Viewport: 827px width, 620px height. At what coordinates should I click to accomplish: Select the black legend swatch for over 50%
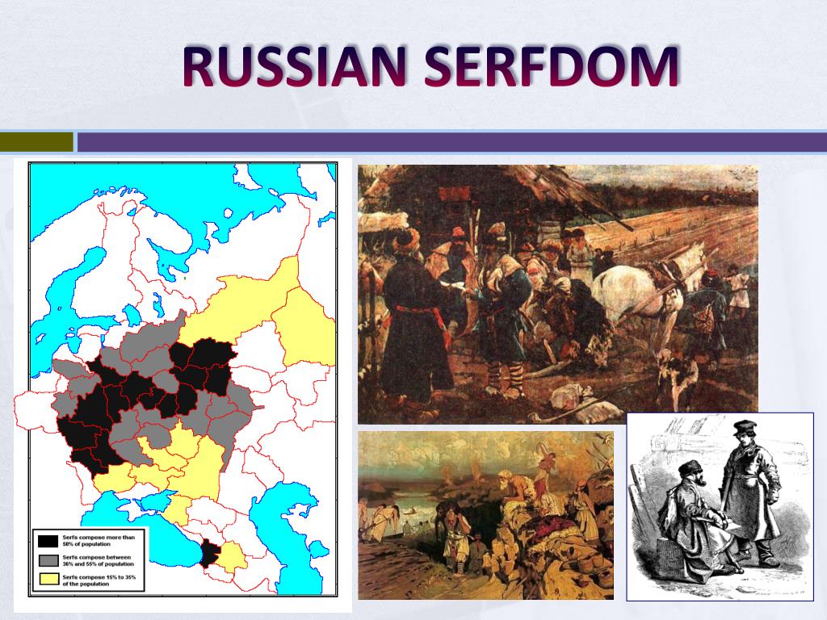tap(48, 539)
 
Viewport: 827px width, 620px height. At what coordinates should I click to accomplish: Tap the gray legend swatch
tap(48, 559)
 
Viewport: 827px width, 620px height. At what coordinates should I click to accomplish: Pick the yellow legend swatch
tap(48, 579)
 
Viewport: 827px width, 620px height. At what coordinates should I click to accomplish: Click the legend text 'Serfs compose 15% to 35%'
tap(99, 578)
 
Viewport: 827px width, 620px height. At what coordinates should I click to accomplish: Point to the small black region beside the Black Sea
tap(210, 554)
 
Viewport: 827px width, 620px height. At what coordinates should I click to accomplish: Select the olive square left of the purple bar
tap(36, 142)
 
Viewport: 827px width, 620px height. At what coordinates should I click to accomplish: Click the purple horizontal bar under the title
tap(452, 142)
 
